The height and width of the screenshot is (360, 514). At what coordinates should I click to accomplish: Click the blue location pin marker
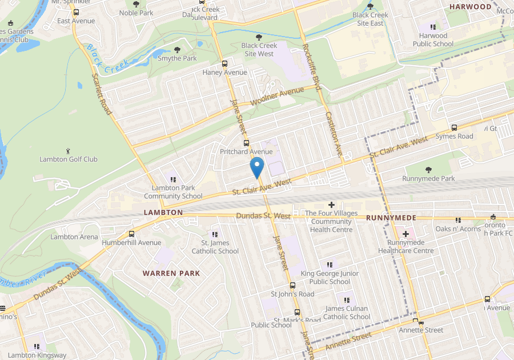click(x=257, y=167)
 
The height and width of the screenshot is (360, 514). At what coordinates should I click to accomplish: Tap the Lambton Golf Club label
click(x=69, y=159)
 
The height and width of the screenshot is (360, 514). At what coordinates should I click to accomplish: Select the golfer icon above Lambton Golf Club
click(x=69, y=150)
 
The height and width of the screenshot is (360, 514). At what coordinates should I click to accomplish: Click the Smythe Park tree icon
click(x=177, y=50)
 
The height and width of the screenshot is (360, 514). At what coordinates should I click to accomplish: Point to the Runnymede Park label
click(x=428, y=178)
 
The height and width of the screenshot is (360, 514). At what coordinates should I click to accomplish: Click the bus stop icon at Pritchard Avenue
click(x=246, y=143)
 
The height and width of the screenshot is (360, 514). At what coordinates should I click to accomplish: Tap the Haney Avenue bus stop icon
click(x=224, y=64)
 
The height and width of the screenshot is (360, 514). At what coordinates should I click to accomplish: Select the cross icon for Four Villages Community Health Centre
click(x=331, y=204)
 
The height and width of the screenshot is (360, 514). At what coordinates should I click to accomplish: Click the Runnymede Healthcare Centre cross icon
click(x=406, y=234)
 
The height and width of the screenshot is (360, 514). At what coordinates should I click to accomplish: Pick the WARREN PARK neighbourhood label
click(x=171, y=273)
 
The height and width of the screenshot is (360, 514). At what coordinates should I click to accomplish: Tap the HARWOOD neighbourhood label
click(x=470, y=7)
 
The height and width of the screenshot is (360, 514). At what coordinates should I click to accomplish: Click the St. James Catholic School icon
click(x=215, y=234)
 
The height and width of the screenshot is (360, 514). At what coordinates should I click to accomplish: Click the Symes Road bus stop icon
click(x=454, y=127)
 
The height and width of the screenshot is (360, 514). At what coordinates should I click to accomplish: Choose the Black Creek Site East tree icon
click(x=370, y=6)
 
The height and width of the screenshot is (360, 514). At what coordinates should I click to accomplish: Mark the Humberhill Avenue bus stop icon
click(x=132, y=234)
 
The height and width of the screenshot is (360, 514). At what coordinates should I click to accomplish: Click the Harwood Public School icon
click(x=433, y=27)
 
